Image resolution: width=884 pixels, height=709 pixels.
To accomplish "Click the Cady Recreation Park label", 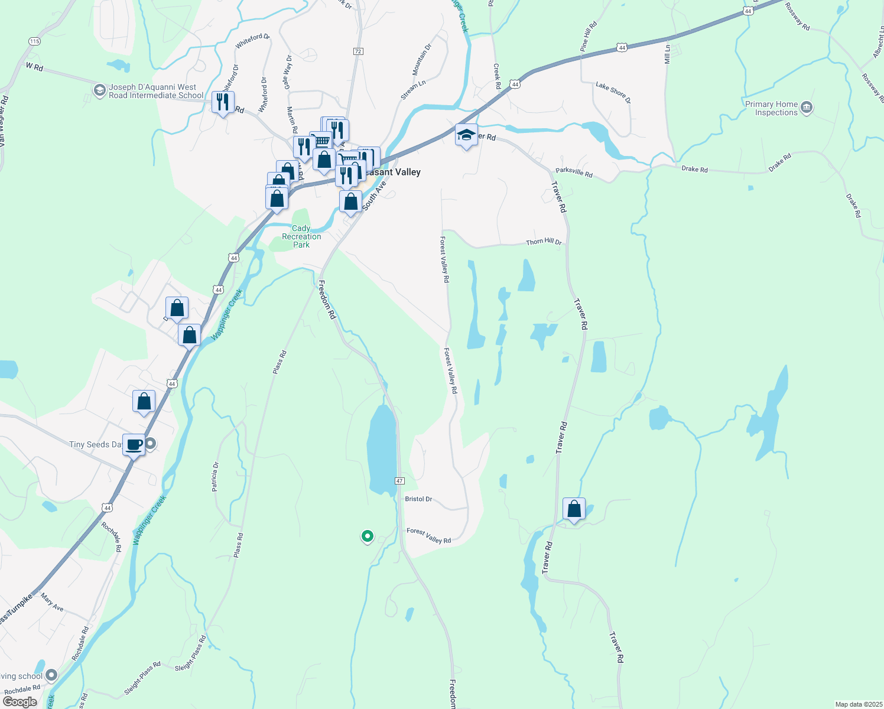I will [x=301, y=236].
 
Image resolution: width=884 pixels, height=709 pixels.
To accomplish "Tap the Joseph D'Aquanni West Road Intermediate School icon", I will [x=99, y=90].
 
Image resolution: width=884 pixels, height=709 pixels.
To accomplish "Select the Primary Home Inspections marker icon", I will [x=807, y=108].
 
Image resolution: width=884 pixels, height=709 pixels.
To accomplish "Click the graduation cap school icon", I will [x=466, y=135].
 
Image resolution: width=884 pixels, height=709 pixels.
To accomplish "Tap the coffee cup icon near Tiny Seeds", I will [x=134, y=444].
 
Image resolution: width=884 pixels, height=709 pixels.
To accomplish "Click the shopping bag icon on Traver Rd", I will [x=574, y=509].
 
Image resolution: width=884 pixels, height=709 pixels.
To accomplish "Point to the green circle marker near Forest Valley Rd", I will [x=368, y=536].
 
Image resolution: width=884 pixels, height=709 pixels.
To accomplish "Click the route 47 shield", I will [x=400, y=481].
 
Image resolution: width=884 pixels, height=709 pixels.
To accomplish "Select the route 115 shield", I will [x=34, y=41].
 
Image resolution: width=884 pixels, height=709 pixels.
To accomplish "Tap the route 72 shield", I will [x=358, y=51].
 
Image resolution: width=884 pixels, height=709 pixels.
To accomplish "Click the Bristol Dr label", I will [x=418, y=499].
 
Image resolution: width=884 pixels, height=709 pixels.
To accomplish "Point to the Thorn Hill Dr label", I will [x=544, y=242].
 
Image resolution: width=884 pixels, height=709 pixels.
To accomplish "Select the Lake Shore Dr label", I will [x=613, y=92].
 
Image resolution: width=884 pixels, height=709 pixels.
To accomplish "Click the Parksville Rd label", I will [x=574, y=174].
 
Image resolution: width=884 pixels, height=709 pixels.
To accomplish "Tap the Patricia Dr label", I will [x=215, y=477].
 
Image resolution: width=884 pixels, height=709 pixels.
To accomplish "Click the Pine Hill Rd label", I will [x=589, y=37].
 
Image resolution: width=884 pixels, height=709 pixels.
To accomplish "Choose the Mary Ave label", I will [x=52, y=603].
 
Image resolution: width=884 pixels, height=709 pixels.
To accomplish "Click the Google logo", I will [x=19, y=702].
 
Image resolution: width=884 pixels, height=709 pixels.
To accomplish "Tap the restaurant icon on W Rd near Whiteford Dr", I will [x=223, y=103].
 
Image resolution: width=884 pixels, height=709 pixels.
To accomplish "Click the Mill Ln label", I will [x=668, y=54].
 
